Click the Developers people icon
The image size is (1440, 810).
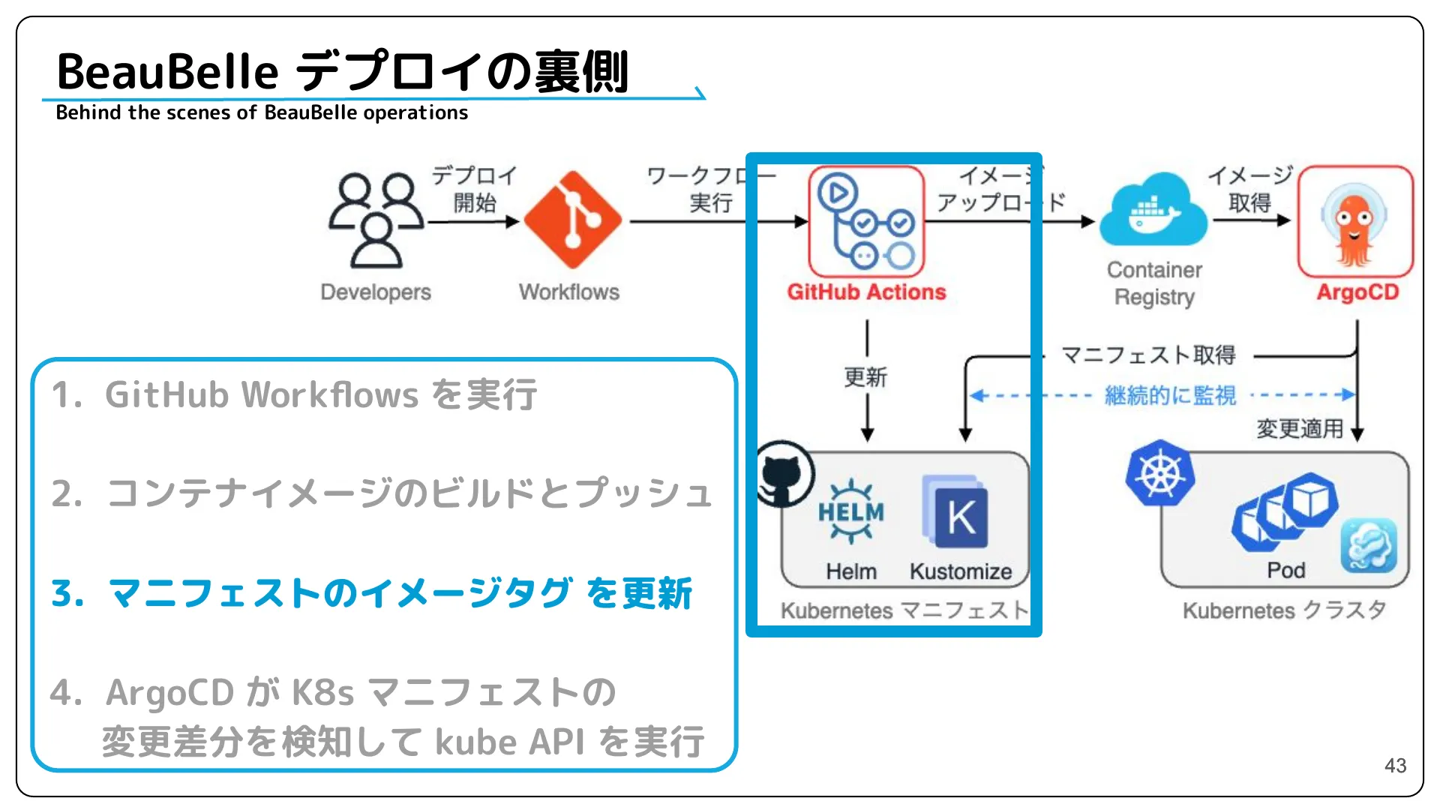click(376, 220)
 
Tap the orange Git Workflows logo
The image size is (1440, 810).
click(572, 220)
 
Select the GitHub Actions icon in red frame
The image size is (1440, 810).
click(866, 221)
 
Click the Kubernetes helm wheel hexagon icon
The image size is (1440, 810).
click(1159, 473)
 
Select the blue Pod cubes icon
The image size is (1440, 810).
click(1284, 511)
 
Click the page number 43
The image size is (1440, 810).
click(1395, 766)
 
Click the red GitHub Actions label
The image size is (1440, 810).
click(866, 292)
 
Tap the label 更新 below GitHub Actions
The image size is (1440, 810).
click(865, 376)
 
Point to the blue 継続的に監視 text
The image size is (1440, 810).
click(1170, 395)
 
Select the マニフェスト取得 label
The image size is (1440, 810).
click(1148, 355)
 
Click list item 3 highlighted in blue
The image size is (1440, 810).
click(371, 594)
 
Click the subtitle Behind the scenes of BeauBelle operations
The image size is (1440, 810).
click(262, 113)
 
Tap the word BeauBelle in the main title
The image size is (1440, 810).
click(167, 72)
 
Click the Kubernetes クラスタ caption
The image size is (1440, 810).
click(1283, 610)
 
